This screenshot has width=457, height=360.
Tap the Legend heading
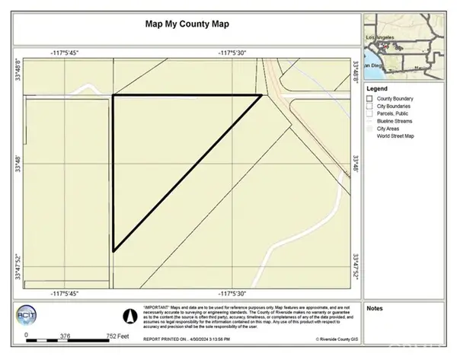[x=379, y=88]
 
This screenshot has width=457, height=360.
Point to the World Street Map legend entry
[x=400, y=137]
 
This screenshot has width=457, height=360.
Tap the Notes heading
[x=375, y=308]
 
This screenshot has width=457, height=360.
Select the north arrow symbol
[x=129, y=314]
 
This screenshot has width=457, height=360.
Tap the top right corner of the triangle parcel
[x=261, y=95]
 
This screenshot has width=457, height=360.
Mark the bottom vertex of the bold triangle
[x=113, y=250]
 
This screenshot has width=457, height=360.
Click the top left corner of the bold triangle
[x=113, y=95]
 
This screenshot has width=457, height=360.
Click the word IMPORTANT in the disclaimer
[x=158, y=304]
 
